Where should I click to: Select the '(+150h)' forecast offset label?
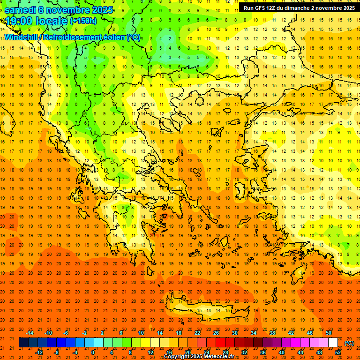(84, 21)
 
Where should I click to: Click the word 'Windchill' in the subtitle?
(22, 37)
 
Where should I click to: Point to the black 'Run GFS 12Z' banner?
(299, 8)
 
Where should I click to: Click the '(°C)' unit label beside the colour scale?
(349, 343)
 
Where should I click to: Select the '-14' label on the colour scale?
(30, 333)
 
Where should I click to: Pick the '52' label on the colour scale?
(338, 352)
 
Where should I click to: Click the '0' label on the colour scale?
(93, 352)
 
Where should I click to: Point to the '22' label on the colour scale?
(197, 333)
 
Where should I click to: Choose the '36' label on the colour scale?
(262, 352)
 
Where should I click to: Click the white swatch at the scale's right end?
(333, 343)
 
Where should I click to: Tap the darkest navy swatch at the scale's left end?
(23, 343)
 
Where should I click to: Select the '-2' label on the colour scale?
(84, 333)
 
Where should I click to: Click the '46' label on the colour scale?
(309, 333)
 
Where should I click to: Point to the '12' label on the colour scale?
(150, 352)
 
